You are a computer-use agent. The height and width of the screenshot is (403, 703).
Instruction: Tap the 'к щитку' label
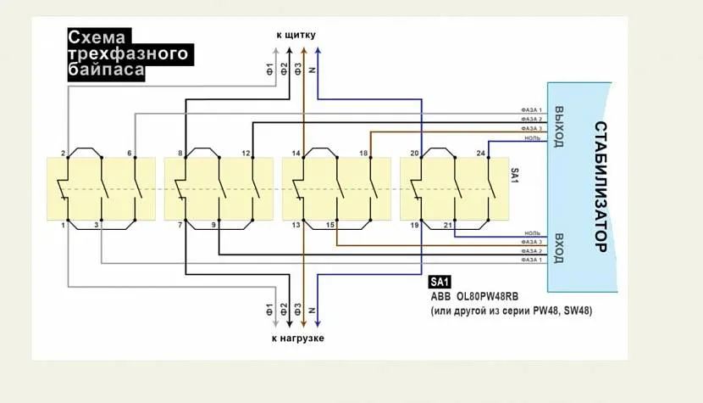pos(296,35)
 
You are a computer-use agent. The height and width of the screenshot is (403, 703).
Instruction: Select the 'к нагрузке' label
pos(297,339)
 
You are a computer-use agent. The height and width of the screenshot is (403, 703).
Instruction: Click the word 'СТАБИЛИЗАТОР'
pos(599,188)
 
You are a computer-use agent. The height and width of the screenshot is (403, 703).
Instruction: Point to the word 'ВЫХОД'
pos(558,126)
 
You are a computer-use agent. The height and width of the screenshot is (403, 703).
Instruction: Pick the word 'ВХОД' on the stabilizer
pos(558,247)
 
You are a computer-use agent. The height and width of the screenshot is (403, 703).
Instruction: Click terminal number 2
pos(63,154)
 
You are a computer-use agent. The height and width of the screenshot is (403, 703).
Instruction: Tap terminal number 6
pos(130,154)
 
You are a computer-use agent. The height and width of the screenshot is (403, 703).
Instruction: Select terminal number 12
pos(246,154)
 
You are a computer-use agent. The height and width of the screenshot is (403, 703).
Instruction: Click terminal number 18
pos(363,154)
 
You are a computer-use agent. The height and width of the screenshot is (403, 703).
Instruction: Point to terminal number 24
pos(481,154)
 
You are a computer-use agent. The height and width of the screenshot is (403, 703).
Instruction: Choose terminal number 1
pos(63,226)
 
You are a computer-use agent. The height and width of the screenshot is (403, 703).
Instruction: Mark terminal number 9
pos(213,226)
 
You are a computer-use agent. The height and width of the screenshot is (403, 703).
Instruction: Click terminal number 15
pos(330,226)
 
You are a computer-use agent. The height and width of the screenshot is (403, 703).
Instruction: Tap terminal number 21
pos(448,226)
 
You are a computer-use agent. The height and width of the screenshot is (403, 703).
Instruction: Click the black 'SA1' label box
pos(440,282)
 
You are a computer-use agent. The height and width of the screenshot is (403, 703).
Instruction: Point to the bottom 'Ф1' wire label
pos(270,311)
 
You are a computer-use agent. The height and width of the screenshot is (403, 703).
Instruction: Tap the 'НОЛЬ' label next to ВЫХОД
pos(533,137)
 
